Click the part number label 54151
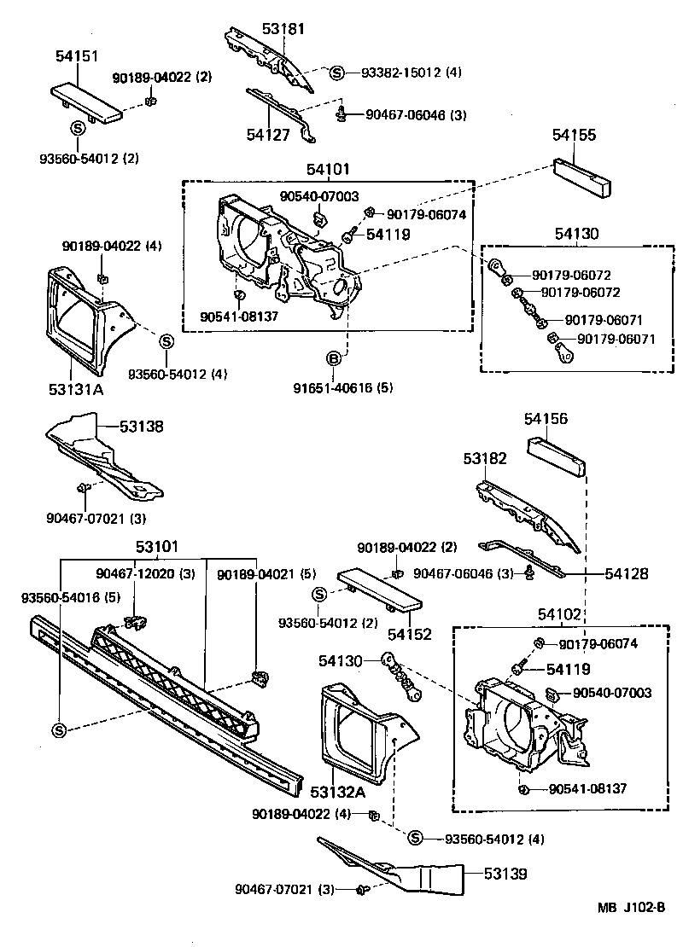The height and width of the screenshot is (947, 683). point(78,56)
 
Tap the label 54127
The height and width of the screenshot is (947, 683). point(268,133)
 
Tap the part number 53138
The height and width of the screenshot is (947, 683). point(141,426)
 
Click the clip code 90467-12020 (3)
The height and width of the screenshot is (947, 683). point(146,574)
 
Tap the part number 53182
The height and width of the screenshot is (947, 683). point(485,458)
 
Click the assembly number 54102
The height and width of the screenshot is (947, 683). point(559,614)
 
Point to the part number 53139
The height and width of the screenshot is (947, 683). point(506,874)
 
